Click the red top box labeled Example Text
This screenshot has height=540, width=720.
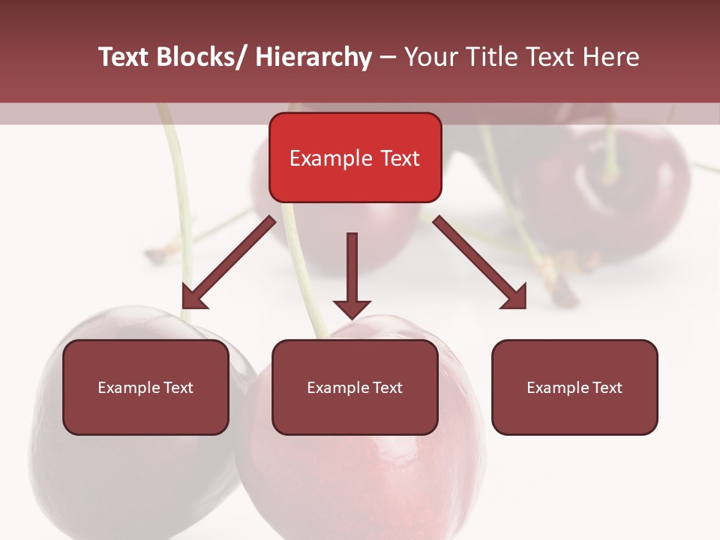[x=355, y=157]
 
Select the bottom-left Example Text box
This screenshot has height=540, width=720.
[x=145, y=387]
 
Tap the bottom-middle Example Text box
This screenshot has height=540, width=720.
[x=355, y=387]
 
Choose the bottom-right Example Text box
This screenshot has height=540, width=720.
[x=574, y=387]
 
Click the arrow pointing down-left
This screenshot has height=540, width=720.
[x=229, y=262]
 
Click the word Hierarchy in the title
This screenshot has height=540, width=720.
[x=313, y=57]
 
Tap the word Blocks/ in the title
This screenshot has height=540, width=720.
[x=203, y=57]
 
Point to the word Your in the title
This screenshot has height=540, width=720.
[x=430, y=57]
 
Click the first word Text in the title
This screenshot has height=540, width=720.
[x=124, y=57]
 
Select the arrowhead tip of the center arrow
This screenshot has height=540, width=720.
[x=352, y=315]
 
